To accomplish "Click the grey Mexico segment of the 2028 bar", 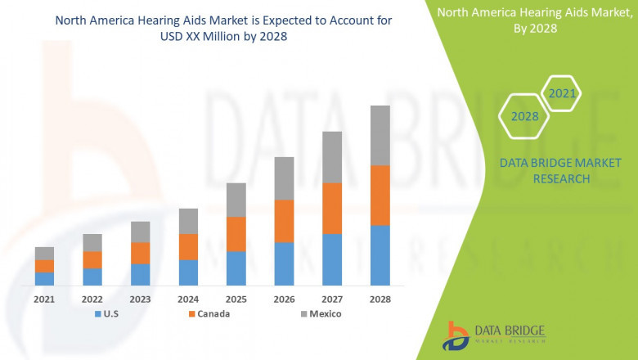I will click(380, 135).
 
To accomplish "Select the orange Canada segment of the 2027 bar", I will click(332, 208).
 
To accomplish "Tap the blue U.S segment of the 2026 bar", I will click(284, 263).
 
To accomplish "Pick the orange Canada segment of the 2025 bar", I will click(236, 234).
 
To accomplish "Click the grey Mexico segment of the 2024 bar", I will click(188, 221).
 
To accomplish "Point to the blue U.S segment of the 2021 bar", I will click(44, 278).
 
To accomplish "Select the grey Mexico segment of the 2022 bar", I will click(92, 242).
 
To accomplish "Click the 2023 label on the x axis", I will click(140, 299).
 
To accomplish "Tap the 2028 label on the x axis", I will click(380, 299).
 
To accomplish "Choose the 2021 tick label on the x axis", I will click(44, 299).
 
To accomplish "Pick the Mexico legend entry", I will click(319, 314).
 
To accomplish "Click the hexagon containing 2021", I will click(561, 93).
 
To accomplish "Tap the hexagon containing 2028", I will click(524, 116).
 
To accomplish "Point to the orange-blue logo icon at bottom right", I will click(456, 335).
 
